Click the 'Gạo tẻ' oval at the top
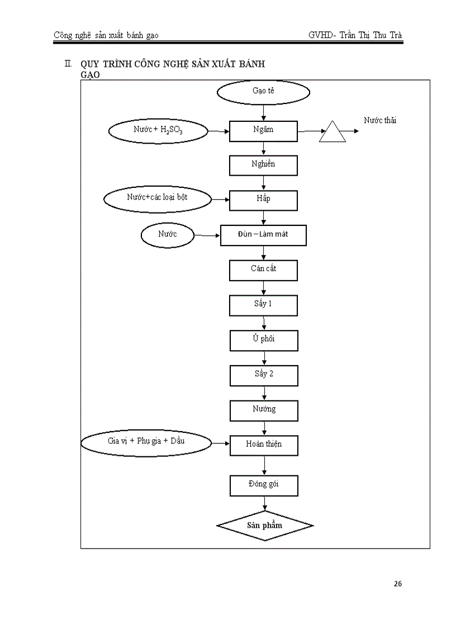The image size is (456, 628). point(263,92)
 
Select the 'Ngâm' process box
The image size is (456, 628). point(263,130)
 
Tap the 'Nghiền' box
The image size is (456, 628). point(263,165)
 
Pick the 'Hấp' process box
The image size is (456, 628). point(263,200)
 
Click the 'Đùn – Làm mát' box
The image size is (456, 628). point(263,235)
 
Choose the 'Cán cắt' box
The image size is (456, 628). point(263,270)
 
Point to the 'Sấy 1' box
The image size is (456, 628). point(263,305)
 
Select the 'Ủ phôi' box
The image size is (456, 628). point(263,340)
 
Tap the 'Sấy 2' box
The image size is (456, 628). point(263,375)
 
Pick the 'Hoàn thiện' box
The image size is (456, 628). point(263,445)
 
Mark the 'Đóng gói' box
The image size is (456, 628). point(263,485)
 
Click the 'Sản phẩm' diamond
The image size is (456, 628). point(265,526)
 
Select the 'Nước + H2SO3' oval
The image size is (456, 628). point(158,131)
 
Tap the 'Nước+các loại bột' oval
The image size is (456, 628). point(158,199)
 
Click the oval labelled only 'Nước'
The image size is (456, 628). point(167,235)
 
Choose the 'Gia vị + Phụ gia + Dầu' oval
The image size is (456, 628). point(146,442)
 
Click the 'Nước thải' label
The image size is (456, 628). point(380,120)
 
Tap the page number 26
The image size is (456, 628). point(397,584)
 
